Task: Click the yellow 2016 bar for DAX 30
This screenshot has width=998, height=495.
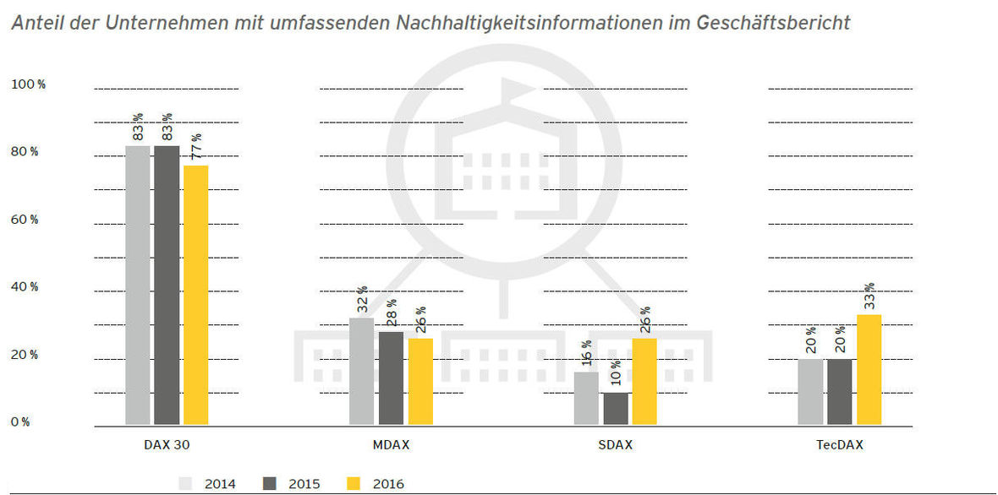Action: pyautogui.click(x=195, y=295)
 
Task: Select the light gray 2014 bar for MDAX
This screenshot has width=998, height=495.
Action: pyautogui.click(x=361, y=371)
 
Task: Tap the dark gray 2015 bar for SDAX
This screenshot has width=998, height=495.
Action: pyautogui.click(x=615, y=409)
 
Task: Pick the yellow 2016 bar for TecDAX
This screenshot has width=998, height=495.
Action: pyautogui.click(x=869, y=369)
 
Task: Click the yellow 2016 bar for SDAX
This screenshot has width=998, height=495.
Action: pyautogui.click(x=644, y=382)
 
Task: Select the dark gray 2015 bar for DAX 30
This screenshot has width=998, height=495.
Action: pyautogui.click(x=167, y=285)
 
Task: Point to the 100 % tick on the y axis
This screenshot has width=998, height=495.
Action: pyautogui.click(x=28, y=84)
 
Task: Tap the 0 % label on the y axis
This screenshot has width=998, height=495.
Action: pyautogui.click(x=21, y=422)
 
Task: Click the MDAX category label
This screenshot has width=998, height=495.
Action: pyautogui.click(x=391, y=445)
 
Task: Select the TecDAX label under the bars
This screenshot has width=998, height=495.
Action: pyautogui.click(x=840, y=445)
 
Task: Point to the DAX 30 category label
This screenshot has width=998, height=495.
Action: pyautogui.click(x=167, y=445)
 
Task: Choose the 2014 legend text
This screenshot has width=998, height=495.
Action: pyautogui.click(x=221, y=484)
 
